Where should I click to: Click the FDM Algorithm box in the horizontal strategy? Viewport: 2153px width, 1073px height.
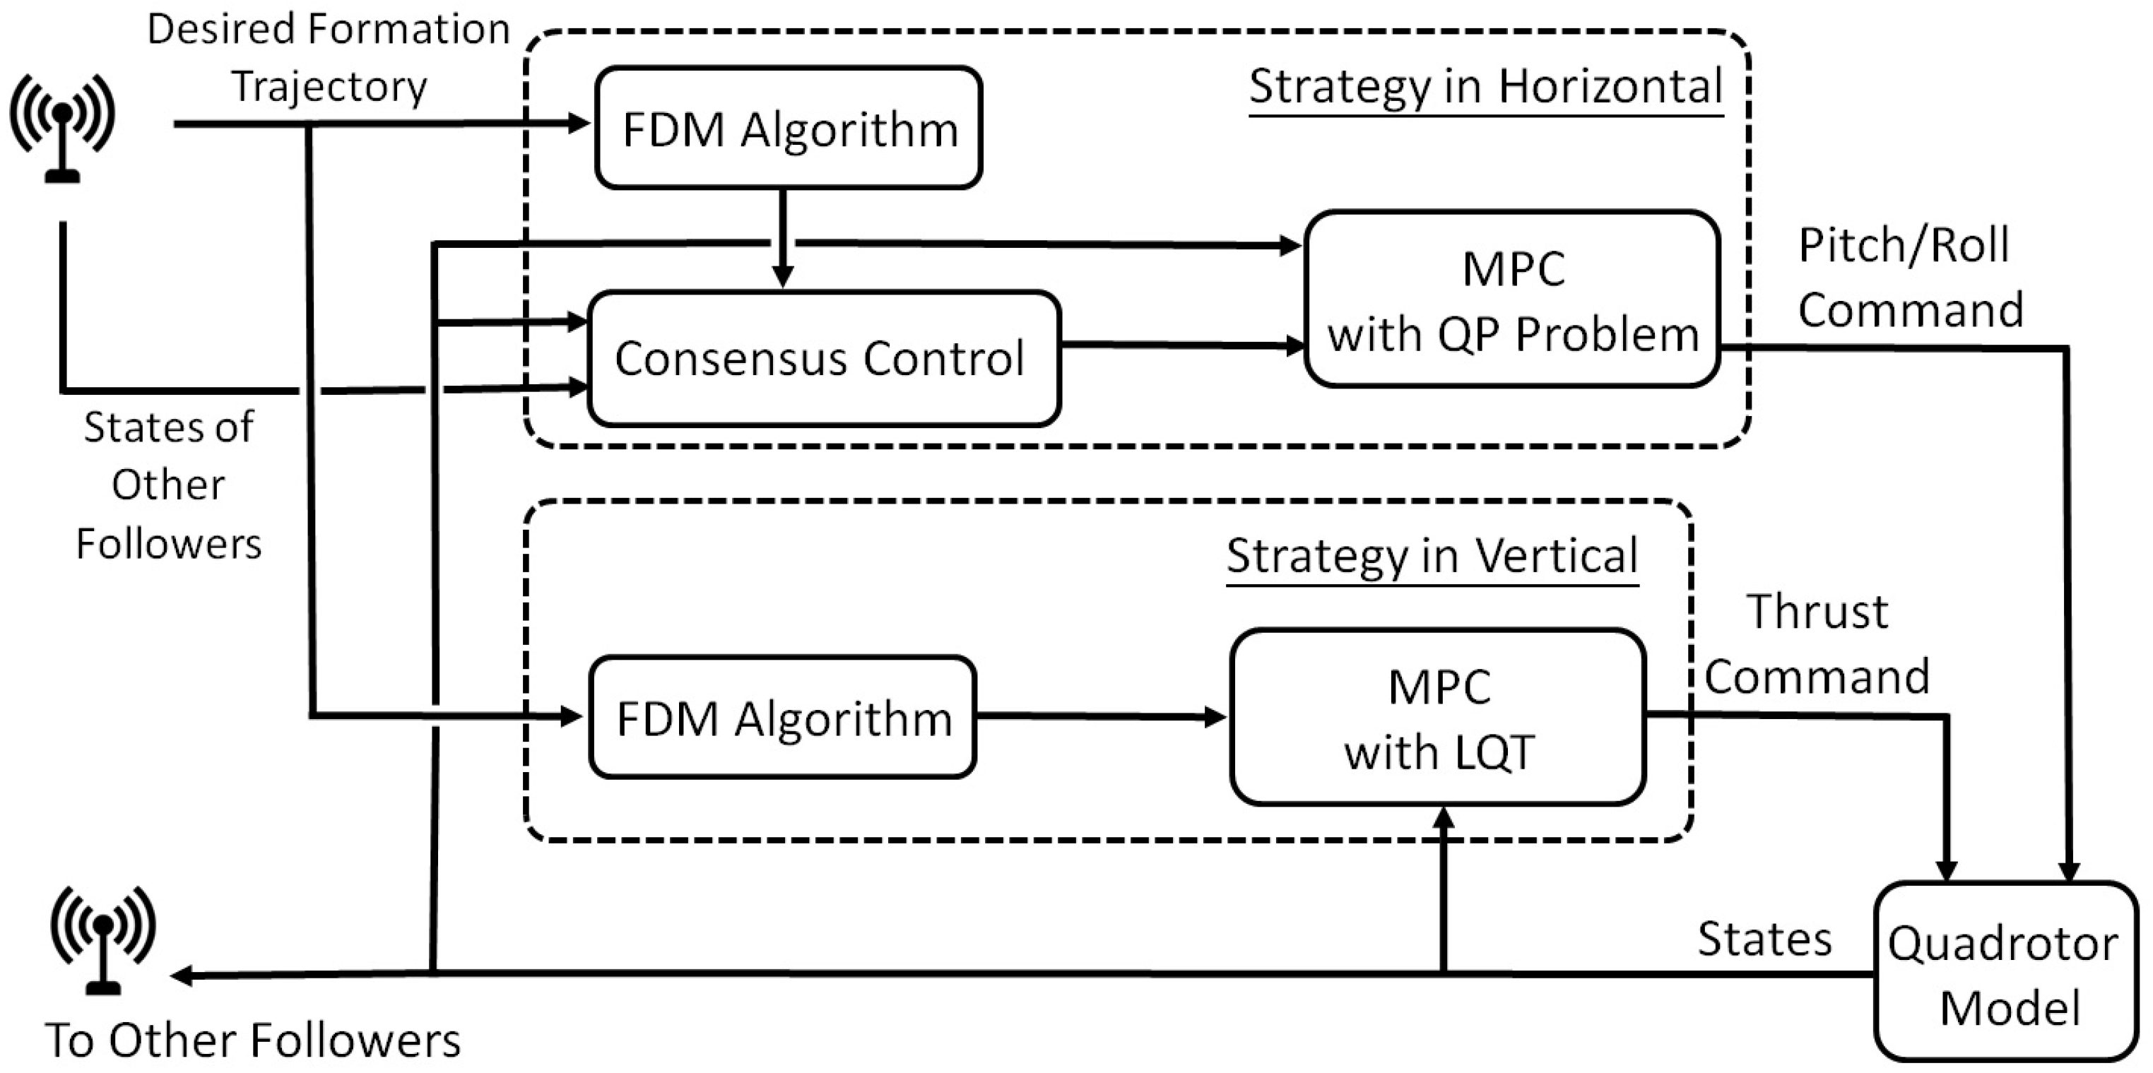[x=788, y=128]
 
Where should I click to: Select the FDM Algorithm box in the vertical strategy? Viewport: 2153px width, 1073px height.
[x=782, y=717]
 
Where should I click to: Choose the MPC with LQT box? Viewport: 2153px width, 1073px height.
[x=1437, y=717]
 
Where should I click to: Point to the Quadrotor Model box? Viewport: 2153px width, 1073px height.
[x=2004, y=973]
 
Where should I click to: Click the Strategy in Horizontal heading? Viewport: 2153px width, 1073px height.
[x=1485, y=86]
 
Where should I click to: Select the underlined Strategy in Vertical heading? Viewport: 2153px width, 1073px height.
[x=1431, y=556]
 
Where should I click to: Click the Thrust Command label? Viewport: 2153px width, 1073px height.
[x=1816, y=644]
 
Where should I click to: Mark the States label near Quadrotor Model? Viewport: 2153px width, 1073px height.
[x=1764, y=939]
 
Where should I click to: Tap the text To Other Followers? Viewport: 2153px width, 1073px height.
[x=252, y=1041]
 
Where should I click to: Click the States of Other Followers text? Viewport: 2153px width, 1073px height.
[x=168, y=485]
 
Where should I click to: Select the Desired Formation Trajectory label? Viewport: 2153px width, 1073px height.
[x=329, y=57]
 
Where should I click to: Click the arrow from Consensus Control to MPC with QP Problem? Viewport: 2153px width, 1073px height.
[x=1182, y=344]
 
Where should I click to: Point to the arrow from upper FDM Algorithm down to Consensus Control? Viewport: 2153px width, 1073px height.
[x=782, y=238]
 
